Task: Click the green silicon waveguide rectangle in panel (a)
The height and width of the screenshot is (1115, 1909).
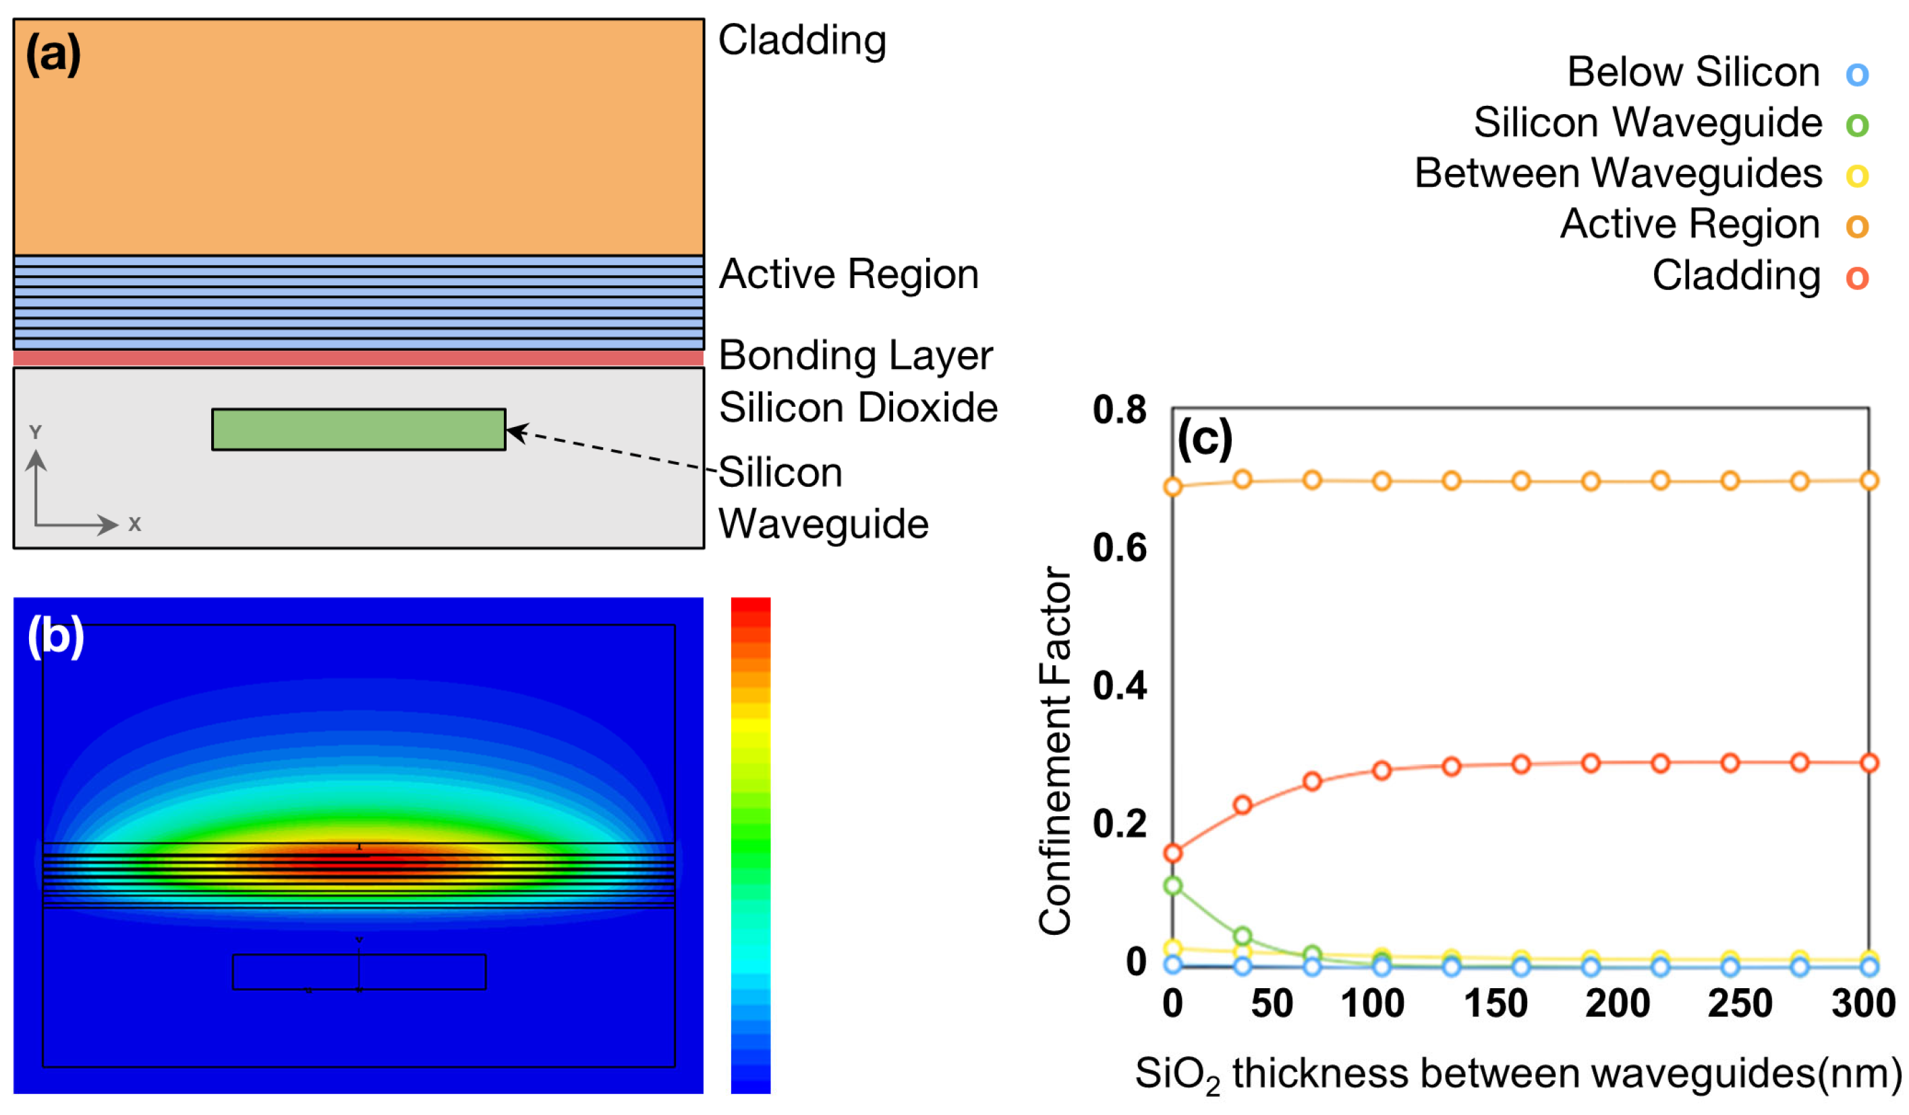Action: coord(358,430)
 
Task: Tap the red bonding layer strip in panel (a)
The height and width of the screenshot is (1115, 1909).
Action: coord(358,358)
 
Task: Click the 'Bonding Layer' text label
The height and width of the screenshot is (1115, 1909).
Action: coord(855,356)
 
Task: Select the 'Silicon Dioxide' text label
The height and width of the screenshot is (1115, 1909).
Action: coord(858,407)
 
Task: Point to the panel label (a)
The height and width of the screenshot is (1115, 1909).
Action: coord(53,55)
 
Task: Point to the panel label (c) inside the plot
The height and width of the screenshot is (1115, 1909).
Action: coord(1205,439)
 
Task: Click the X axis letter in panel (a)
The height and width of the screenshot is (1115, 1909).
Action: coord(135,524)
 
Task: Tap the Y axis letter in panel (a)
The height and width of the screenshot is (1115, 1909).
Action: coord(35,432)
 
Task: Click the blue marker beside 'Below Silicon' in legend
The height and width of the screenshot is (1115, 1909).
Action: coord(1857,74)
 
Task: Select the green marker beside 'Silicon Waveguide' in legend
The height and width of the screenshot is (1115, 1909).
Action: coord(1857,124)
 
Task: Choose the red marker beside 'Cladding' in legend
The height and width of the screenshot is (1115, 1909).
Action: coord(1857,278)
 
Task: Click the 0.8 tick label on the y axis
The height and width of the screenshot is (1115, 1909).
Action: coord(1119,410)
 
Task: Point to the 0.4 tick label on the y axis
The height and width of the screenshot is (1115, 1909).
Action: coord(1119,685)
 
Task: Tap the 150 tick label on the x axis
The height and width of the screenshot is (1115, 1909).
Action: coord(1495,1004)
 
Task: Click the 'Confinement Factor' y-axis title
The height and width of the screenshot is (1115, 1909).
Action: coord(1055,750)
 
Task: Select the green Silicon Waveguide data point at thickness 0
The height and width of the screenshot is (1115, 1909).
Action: coord(1172,886)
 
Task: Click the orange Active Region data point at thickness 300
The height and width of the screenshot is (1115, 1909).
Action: coord(1869,481)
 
